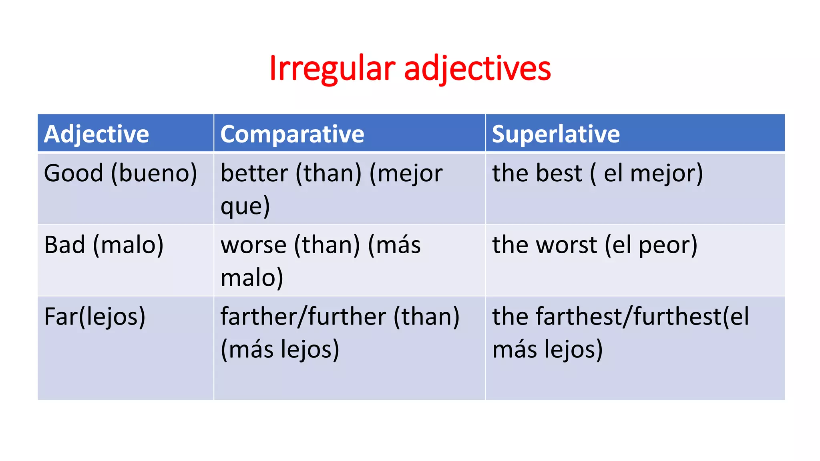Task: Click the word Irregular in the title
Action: [x=332, y=68]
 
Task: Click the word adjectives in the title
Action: [x=477, y=69]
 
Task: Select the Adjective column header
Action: [x=96, y=134]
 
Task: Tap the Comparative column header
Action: [x=292, y=134]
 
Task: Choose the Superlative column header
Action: [x=556, y=134]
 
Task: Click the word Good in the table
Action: [x=74, y=173]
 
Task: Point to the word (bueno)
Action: [x=154, y=174]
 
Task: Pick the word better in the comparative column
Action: [x=254, y=173]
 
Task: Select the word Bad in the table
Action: [x=64, y=245]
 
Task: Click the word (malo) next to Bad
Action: [x=128, y=245]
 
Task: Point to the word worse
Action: [x=253, y=245]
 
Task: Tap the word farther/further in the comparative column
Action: [x=303, y=317]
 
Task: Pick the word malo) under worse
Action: [x=252, y=277]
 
